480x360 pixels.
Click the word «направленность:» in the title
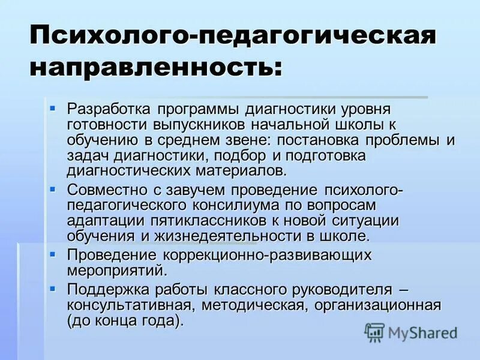pos(154,68)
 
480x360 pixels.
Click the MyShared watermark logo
pos(411,332)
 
